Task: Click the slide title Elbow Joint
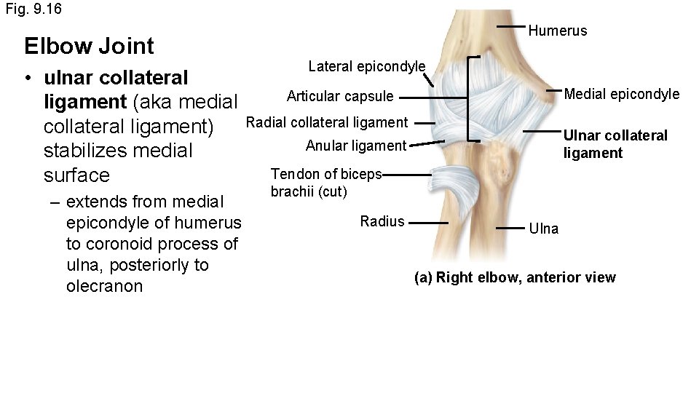pos(89,46)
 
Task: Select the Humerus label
pos(557,31)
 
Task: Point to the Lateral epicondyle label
pos(366,67)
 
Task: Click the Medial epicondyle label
pos(622,94)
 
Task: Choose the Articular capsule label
pos(340,97)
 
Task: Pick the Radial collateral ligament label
pos(327,122)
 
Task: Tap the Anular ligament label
pos(355,146)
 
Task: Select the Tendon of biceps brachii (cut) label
pos(326,183)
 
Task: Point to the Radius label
pos(382,221)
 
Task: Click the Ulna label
pos(544,229)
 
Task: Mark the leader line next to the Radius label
pos(433,223)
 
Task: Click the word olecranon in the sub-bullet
pos(104,286)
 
